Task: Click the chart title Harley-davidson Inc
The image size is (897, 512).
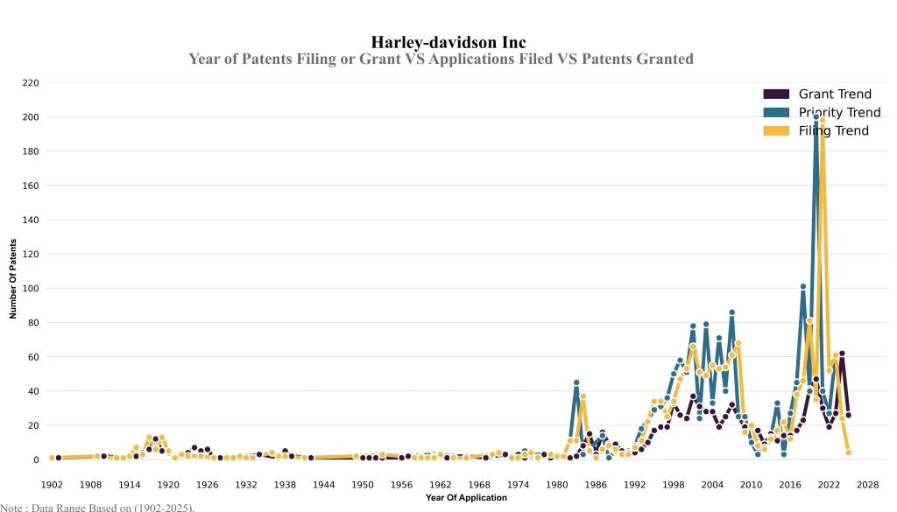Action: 448,42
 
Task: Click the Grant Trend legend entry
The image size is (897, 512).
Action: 838,94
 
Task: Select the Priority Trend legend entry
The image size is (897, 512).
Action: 839,112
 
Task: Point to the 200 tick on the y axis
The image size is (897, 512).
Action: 32,117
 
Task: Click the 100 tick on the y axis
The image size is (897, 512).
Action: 32,288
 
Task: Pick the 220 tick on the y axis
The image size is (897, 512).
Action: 32,83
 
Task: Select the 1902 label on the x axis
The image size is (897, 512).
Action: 52,484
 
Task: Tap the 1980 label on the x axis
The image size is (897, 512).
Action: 556,484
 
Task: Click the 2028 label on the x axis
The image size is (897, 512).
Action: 867,484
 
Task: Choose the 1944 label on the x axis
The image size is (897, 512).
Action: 323,484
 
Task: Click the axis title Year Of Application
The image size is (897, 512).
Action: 466,498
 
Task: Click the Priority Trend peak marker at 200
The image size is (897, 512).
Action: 816,117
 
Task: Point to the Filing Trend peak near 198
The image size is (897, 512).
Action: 823,120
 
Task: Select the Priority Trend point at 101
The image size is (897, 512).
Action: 803,286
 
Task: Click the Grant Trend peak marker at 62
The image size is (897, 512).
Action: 842,354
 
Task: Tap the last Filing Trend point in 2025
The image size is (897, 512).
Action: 848,452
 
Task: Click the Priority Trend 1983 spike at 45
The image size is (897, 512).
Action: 576,382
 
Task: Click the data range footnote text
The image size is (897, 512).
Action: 97,507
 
